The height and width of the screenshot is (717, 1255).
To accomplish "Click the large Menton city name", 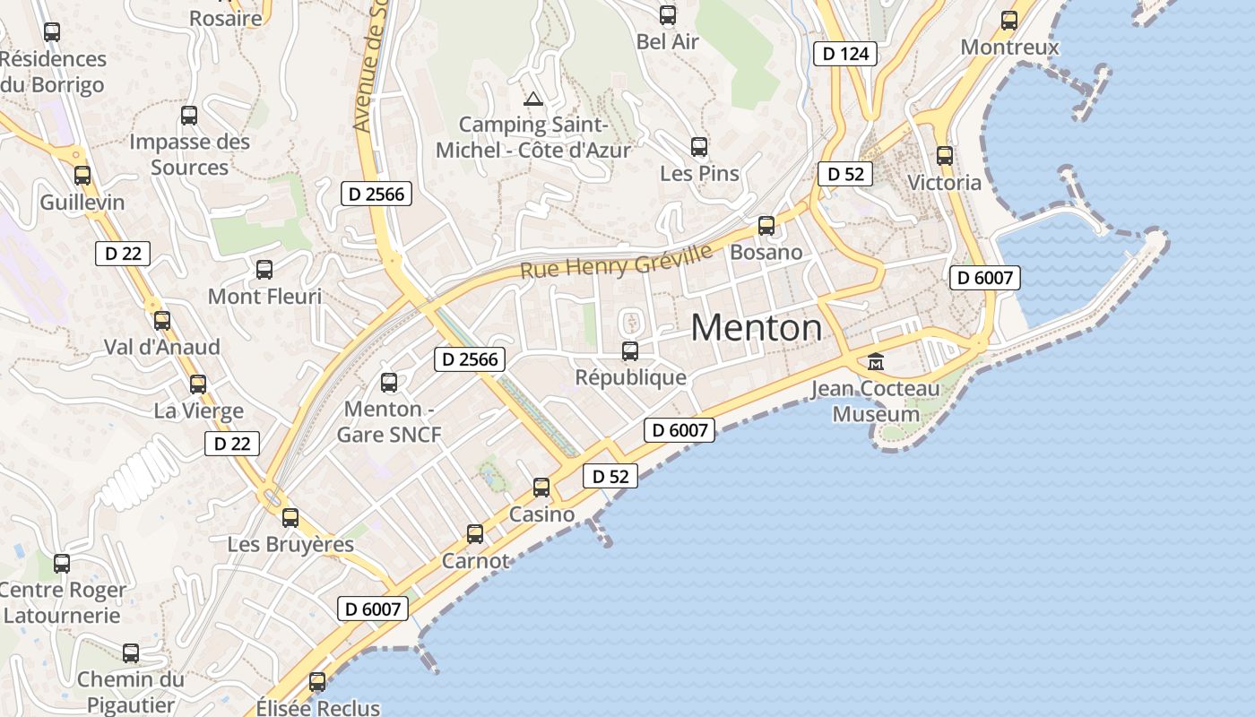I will (756, 328).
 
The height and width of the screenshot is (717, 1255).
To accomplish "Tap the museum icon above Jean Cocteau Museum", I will (875, 363).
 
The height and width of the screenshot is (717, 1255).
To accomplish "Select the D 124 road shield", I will (845, 54).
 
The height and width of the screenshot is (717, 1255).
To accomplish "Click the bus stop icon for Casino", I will (541, 488).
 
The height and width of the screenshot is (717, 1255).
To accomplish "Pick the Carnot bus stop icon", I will (475, 534).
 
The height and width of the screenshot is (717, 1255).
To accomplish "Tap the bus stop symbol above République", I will (630, 350).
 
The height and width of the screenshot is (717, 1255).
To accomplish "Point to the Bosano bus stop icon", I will (766, 226).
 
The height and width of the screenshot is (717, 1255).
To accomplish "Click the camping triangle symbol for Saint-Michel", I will (533, 99).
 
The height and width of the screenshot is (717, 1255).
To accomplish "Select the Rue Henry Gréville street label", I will (617, 260).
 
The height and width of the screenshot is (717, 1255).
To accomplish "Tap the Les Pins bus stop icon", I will (699, 147).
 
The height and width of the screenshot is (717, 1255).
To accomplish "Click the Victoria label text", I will (944, 183).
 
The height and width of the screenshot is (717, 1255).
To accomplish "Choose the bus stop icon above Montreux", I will (1009, 21).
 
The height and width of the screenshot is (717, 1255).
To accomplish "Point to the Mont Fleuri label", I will (264, 297).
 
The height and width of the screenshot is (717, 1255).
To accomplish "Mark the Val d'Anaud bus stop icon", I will (162, 320).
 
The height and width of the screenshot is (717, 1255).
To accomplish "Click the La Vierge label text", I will (198, 411).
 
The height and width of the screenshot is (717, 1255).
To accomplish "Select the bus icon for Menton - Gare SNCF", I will (389, 383).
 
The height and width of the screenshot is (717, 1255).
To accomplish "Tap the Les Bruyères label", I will (290, 545).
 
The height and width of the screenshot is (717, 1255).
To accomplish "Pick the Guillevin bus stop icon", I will (82, 176).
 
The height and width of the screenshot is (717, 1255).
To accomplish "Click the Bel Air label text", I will (667, 42).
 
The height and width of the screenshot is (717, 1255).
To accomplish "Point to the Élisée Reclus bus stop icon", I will (317, 682).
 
